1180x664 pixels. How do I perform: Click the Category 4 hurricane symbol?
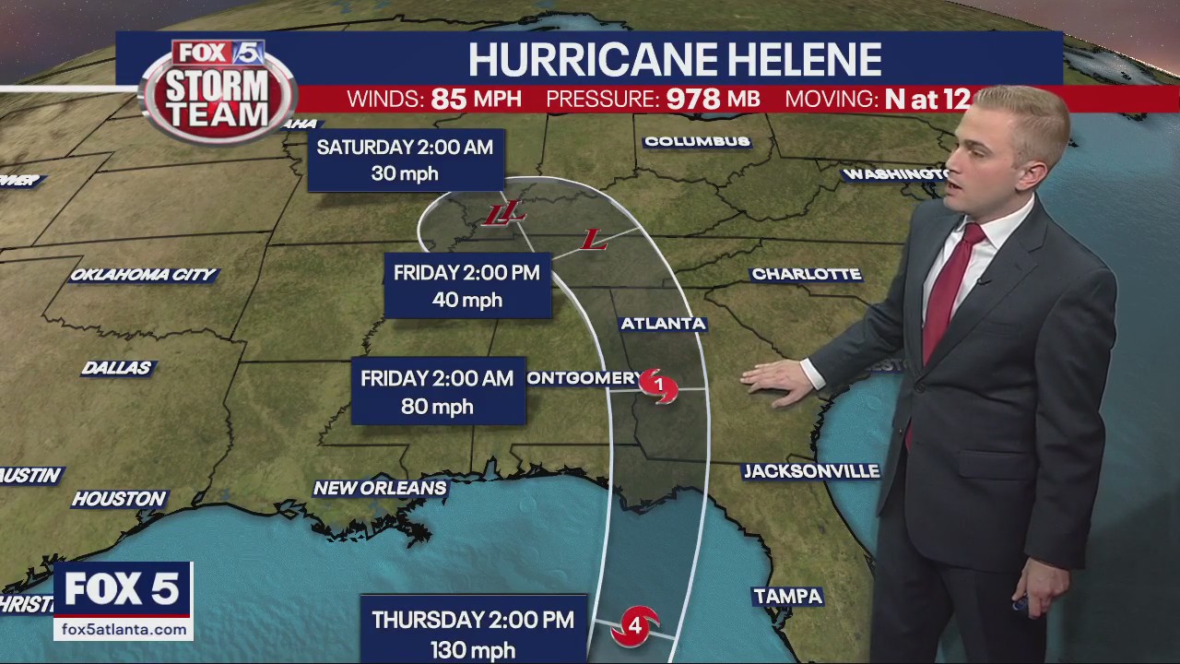click(635, 626)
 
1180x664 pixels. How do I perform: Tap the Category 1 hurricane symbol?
click(658, 385)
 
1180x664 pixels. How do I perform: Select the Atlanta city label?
click(663, 324)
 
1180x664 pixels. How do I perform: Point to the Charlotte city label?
click(806, 274)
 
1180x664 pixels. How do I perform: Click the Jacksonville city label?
click(811, 471)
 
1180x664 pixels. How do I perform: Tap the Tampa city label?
click(787, 597)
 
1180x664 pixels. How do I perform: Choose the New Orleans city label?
click(380, 488)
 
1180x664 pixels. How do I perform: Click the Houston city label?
click(119, 499)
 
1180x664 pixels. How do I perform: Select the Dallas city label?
click(116, 368)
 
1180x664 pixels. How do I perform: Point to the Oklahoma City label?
click(143, 275)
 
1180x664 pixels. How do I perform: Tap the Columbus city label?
click(697, 141)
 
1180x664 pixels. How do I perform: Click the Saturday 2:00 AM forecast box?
click(405, 160)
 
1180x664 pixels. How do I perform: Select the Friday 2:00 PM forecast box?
click(466, 286)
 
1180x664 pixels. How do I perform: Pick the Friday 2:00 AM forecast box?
click(437, 392)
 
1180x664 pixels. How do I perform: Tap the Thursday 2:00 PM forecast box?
click(473, 633)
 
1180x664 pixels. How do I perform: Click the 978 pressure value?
click(692, 100)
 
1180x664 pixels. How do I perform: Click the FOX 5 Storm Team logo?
click(218, 90)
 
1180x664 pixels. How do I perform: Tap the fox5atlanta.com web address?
click(123, 629)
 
